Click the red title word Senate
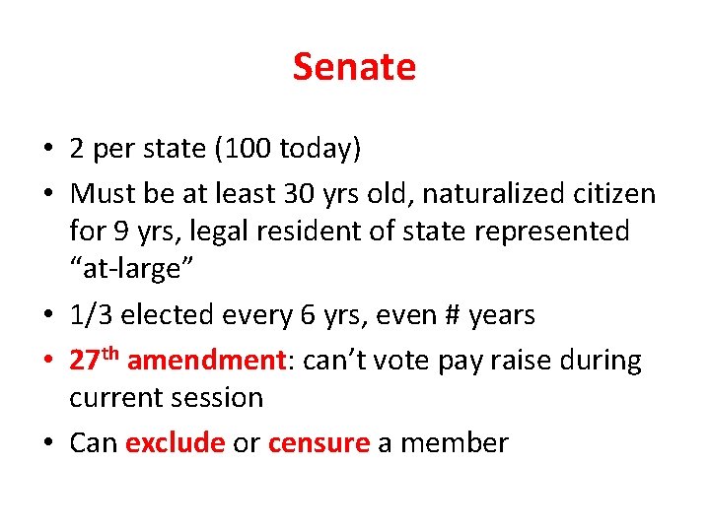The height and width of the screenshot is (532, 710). (354, 67)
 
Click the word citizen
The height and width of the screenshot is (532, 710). (611, 194)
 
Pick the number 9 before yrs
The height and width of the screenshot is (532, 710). (121, 232)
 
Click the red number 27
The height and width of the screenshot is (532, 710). (84, 361)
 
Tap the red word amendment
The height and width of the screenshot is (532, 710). (206, 361)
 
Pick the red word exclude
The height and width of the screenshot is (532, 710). (176, 443)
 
